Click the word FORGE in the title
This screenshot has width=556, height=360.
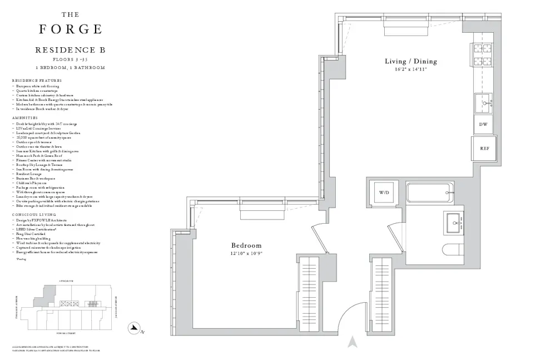click(70, 29)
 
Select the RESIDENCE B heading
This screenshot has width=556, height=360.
click(70, 50)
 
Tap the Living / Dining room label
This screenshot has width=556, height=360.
click(411, 61)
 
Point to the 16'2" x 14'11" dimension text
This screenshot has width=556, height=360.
click(411, 70)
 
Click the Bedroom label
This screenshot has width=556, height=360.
click(246, 245)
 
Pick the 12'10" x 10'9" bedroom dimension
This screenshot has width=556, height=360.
click(246, 253)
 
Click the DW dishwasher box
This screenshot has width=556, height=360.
click(483, 125)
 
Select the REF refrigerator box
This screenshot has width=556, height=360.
click(484, 149)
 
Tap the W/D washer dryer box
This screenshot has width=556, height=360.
click(385, 193)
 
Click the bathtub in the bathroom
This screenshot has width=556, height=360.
click(430, 193)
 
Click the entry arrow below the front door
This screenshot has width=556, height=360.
click(351, 342)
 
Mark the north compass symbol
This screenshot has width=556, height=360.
click(133, 328)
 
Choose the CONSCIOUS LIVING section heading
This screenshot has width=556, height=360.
click(32, 214)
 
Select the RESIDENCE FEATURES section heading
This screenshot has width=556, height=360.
click(37, 81)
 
